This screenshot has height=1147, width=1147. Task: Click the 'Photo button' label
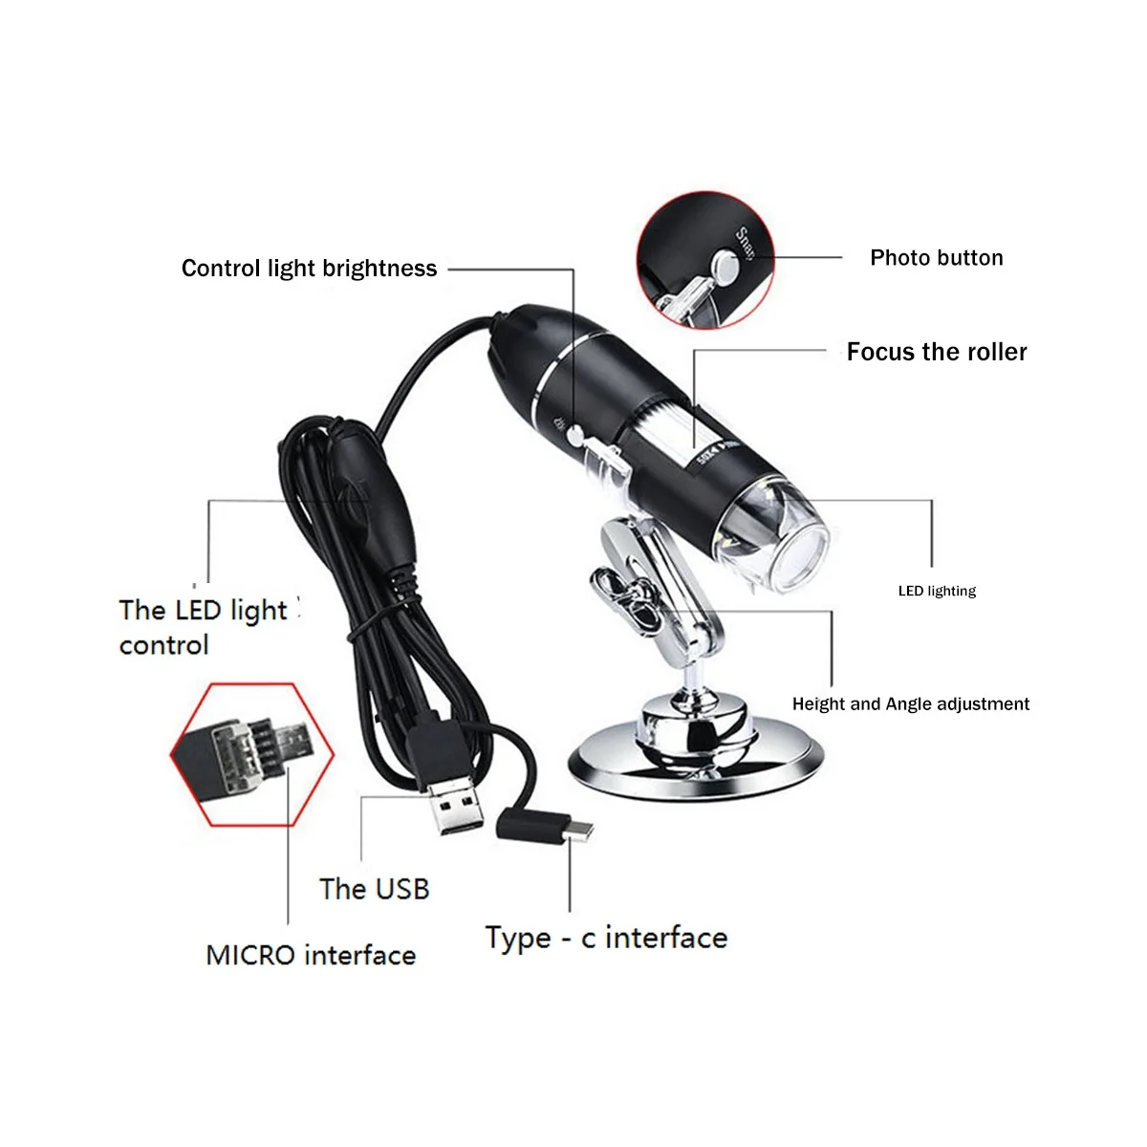click(x=936, y=258)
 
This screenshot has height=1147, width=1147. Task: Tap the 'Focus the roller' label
click(x=936, y=352)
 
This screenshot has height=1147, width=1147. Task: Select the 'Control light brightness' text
click(x=309, y=269)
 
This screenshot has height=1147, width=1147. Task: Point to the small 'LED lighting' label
click(x=937, y=591)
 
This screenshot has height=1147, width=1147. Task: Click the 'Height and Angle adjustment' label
click(x=910, y=704)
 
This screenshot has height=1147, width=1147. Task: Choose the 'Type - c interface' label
click(x=606, y=938)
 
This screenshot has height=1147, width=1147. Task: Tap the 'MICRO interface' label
click(x=311, y=955)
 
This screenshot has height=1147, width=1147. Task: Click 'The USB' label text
click(x=374, y=889)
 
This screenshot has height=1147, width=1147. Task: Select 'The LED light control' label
click(x=203, y=627)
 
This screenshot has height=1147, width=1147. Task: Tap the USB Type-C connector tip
click(x=576, y=833)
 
